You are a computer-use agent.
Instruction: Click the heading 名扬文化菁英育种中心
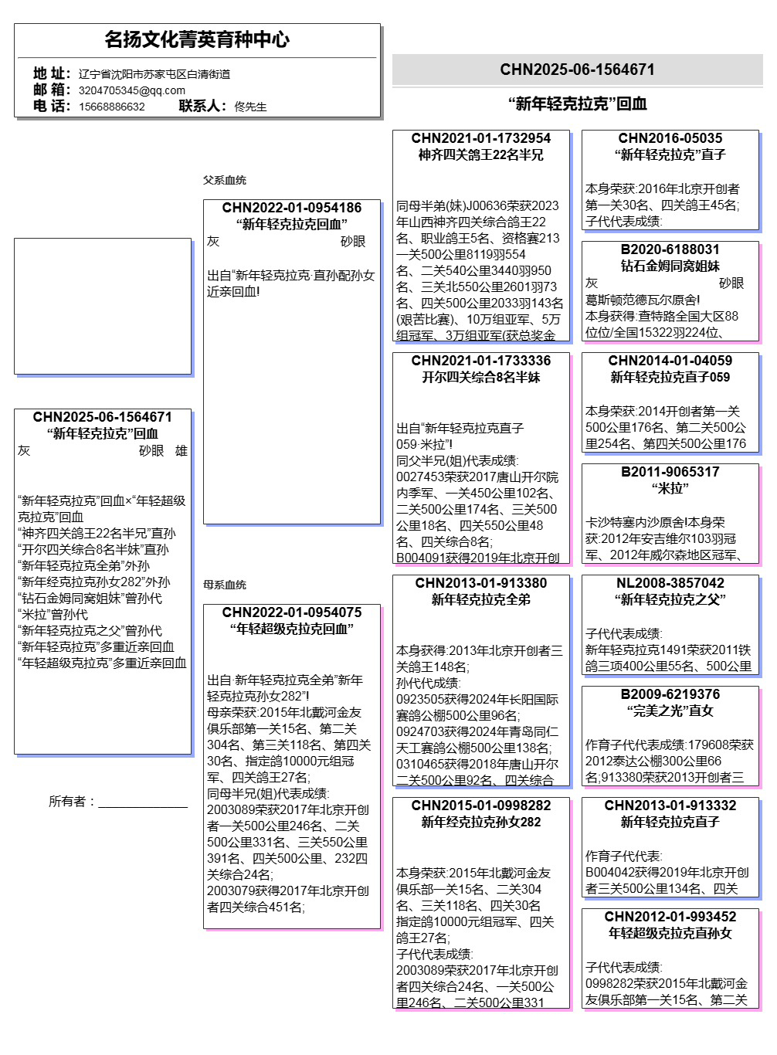click(197, 39)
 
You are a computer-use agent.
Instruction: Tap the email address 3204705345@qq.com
click(131, 90)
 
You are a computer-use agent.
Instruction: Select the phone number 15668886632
click(111, 107)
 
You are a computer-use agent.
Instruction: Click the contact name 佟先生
click(250, 107)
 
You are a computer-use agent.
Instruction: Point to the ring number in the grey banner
click(577, 70)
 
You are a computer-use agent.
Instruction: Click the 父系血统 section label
click(224, 180)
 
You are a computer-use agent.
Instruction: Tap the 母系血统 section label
click(224, 585)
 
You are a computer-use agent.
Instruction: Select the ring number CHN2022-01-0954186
click(291, 208)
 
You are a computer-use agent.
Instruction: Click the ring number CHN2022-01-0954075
click(291, 612)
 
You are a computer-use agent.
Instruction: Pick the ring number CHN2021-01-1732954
click(480, 138)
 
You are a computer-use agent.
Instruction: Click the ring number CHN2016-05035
click(670, 138)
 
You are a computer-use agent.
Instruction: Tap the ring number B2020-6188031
click(670, 249)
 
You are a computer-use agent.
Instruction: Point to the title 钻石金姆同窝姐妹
click(670, 266)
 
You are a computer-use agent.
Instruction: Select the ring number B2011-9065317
click(670, 472)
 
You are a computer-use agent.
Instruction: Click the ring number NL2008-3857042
click(670, 583)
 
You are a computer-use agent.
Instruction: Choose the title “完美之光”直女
click(670, 711)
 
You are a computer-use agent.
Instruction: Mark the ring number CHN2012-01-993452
click(670, 917)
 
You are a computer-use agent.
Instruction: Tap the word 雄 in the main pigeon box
click(182, 451)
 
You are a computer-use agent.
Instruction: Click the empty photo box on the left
click(102, 306)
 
